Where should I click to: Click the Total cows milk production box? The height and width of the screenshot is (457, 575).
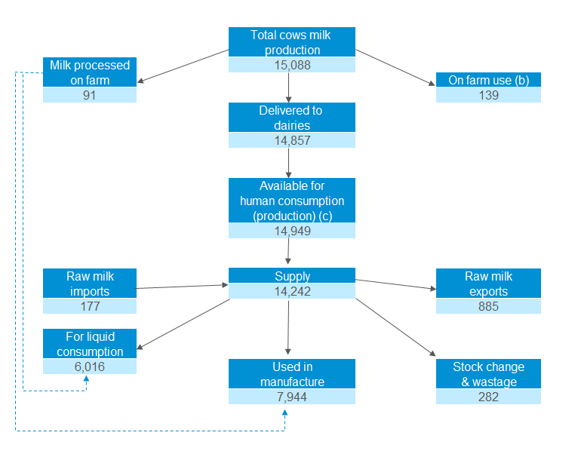pyautogui.click(x=291, y=42)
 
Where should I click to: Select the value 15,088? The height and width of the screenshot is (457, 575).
pyautogui.click(x=291, y=65)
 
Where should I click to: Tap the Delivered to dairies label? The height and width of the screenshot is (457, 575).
pyautogui.click(x=291, y=118)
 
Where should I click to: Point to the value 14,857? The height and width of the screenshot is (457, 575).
pyautogui.click(x=291, y=140)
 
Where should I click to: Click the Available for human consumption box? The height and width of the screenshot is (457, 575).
pyautogui.click(x=291, y=201)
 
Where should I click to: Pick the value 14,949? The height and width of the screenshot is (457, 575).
pyautogui.click(x=291, y=231)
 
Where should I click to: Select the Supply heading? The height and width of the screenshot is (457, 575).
pyautogui.click(x=291, y=276)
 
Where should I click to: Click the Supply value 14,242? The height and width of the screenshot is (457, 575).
pyautogui.click(x=291, y=291)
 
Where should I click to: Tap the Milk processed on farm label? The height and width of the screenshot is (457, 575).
pyautogui.click(x=90, y=72)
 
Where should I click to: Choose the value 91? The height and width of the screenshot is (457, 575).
pyautogui.click(x=90, y=95)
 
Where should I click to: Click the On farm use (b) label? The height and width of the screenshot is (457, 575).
pyautogui.click(x=488, y=80)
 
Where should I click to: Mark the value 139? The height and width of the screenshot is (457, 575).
pyautogui.click(x=488, y=95)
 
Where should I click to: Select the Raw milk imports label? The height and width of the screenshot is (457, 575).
pyautogui.click(x=90, y=284)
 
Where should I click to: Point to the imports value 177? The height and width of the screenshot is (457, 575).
pyautogui.click(x=90, y=306)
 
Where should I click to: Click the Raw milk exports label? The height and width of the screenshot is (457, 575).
pyautogui.click(x=488, y=284)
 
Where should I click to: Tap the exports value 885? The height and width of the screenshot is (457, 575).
pyautogui.click(x=488, y=306)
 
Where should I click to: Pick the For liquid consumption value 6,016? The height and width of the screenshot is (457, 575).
pyautogui.click(x=90, y=367)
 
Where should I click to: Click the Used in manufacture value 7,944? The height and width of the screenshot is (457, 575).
pyautogui.click(x=291, y=397)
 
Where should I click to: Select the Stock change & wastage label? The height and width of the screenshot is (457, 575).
pyautogui.click(x=488, y=374)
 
